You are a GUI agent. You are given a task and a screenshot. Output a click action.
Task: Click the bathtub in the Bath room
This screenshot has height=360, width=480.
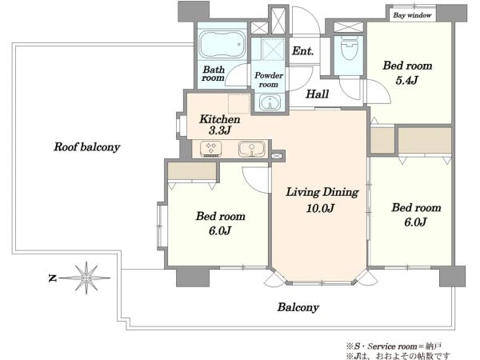pyautogui.click(x=222, y=44)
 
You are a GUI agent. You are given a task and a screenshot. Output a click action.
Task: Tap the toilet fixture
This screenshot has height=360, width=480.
pyautogui.click(x=350, y=49)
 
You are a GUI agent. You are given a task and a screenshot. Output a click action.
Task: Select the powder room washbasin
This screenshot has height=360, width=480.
pyautogui.click(x=270, y=102)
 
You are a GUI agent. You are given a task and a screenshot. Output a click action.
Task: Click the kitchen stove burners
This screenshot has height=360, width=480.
pyautogui.click(x=210, y=149)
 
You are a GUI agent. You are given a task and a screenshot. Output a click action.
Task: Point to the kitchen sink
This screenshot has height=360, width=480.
pyautogui.click(x=252, y=149)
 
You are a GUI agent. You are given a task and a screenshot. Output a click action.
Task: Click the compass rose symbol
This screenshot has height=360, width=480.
pyautogui.click(x=86, y=278)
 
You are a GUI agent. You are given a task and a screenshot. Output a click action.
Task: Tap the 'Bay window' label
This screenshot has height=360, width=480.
pyautogui.click(x=412, y=15)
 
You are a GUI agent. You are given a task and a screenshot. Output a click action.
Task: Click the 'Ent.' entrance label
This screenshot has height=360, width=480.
pyautogui.click(x=302, y=51)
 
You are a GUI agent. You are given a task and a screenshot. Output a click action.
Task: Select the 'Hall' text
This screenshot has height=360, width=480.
pyautogui.click(x=318, y=94)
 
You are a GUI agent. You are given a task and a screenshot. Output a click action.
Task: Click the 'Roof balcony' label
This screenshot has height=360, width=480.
pyautogui.click(x=86, y=147)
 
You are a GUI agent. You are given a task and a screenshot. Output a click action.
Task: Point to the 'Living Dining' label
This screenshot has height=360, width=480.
pyautogui.click(x=322, y=192)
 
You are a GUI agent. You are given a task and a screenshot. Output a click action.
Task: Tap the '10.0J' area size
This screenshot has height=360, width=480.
pyautogui.click(x=320, y=209)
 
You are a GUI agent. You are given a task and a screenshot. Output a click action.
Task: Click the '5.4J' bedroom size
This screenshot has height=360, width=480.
pyautogui.click(x=407, y=81)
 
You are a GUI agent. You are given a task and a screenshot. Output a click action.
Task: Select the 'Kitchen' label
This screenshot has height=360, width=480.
pyautogui.click(x=219, y=119)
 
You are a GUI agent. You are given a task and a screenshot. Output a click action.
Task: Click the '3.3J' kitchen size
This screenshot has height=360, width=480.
pyautogui.click(x=219, y=130)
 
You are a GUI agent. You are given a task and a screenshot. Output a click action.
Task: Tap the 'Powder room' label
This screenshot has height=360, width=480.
pyautogui.click(x=269, y=79)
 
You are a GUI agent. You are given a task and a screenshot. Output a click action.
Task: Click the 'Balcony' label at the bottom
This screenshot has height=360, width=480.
pyautogui.click(x=298, y=307)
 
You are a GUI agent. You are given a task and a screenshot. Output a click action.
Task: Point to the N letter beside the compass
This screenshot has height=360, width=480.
pyautogui.click(x=52, y=278)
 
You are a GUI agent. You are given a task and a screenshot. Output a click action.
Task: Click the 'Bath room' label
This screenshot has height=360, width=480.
pyautogui.click(x=213, y=74)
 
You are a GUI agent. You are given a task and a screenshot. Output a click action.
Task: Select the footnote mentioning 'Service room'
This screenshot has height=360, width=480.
pyautogui.click(x=394, y=346)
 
